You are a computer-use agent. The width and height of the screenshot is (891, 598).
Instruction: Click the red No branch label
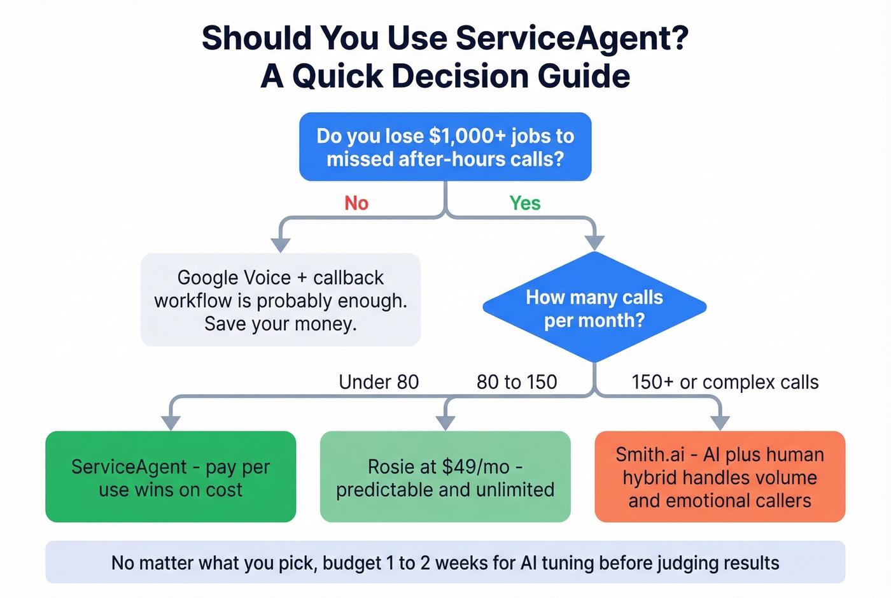(356, 203)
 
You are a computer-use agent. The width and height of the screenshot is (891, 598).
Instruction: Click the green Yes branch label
(524, 203)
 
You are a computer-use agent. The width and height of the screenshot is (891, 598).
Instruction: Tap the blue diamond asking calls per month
(594, 308)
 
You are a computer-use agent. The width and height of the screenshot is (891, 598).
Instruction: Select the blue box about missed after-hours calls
(445, 147)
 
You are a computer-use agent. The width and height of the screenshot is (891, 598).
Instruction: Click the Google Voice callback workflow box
(280, 300)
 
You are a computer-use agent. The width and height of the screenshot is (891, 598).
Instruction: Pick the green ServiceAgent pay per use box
(171, 477)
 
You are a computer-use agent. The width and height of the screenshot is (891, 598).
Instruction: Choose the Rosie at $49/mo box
(445, 477)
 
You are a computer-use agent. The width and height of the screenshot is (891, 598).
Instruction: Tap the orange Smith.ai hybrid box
(720, 477)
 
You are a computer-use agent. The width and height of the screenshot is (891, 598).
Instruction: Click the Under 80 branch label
(379, 382)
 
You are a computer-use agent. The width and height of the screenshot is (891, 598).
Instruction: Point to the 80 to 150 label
(517, 382)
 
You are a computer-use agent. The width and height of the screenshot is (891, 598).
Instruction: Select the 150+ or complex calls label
(725, 382)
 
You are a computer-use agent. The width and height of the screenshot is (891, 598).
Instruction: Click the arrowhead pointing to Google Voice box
(280, 245)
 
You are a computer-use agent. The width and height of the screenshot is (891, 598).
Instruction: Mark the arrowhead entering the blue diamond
(594, 243)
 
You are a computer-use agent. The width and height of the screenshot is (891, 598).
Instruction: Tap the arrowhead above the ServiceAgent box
(171, 423)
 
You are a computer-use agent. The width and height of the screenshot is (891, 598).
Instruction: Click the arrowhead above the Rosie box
(445, 423)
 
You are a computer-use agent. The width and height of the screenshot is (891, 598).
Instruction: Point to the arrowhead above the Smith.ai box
(720, 423)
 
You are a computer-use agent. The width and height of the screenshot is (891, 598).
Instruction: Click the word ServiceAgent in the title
(572, 38)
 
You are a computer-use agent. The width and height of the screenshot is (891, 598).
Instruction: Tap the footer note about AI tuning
(445, 563)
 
